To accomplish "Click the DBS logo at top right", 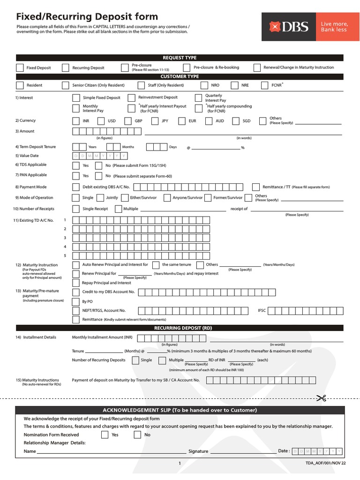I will [x=289, y=27].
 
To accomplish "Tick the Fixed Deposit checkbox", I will [x=20, y=67].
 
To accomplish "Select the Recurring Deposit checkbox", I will [x=66, y=67].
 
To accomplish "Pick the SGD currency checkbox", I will [x=236, y=121].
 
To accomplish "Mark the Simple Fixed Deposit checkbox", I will [x=76, y=98].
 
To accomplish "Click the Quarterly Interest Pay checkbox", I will [x=198, y=98].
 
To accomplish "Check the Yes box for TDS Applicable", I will [x=76, y=165].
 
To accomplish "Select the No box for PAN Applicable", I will [x=98, y=176].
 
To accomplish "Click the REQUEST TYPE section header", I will [x=180, y=58].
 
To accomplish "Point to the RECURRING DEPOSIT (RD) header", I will [x=180, y=328].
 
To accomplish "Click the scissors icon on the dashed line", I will [x=321, y=398].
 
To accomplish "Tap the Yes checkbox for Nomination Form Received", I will [x=105, y=435].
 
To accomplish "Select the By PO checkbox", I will [x=76, y=301].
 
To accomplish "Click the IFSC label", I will [x=262, y=310].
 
